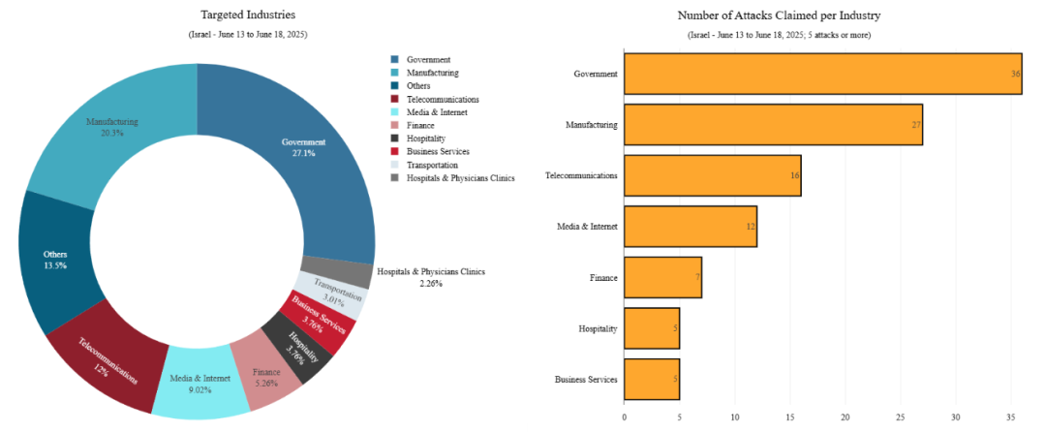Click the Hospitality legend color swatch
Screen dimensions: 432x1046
click(395, 139)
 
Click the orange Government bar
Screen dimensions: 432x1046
click(822, 74)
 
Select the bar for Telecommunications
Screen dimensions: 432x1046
click(712, 175)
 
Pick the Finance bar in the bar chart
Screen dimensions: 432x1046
click(662, 277)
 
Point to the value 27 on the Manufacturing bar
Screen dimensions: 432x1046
click(915, 125)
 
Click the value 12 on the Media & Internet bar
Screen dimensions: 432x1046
click(750, 227)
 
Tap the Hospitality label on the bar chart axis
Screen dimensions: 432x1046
click(598, 328)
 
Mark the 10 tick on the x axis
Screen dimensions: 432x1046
click(734, 417)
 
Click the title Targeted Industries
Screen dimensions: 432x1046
click(248, 15)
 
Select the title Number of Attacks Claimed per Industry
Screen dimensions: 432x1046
click(779, 15)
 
